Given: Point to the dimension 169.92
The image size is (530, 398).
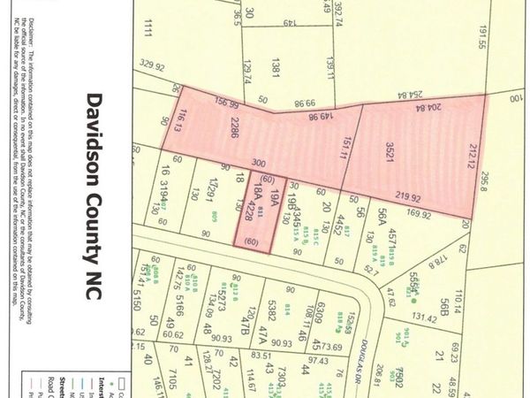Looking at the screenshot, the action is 420,215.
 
